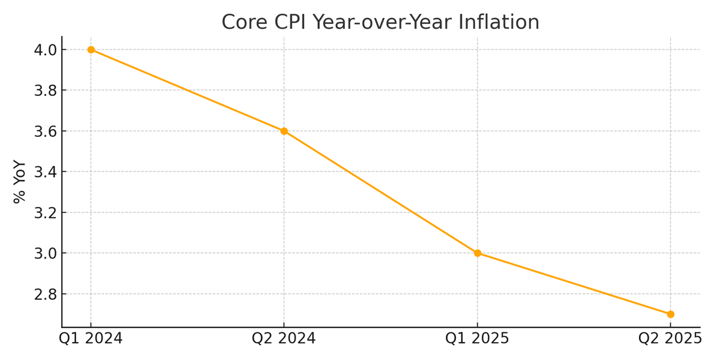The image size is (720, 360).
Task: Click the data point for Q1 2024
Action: (x=91, y=49)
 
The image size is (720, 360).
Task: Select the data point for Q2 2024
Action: (x=284, y=131)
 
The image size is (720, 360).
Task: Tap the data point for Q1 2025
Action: (x=478, y=253)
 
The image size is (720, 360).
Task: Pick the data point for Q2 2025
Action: (x=671, y=314)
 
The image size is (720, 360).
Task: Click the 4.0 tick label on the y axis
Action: (x=46, y=50)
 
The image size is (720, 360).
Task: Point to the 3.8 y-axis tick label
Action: (x=46, y=91)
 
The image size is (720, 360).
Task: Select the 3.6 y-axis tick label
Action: (x=46, y=131)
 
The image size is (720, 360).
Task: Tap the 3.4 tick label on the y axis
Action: (x=46, y=172)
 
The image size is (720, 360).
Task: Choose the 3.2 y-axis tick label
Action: (x=46, y=213)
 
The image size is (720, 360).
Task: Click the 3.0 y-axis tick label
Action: (x=46, y=254)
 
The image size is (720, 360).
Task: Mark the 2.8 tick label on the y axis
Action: (x=46, y=294)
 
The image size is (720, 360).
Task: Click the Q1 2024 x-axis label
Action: (x=91, y=338)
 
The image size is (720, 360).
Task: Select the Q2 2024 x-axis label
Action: (x=284, y=338)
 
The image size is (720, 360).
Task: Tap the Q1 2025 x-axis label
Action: (x=477, y=338)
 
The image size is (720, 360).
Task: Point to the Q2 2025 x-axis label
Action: (x=670, y=338)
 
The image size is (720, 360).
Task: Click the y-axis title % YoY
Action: (x=19, y=182)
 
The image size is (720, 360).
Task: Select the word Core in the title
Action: (x=245, y=22)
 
